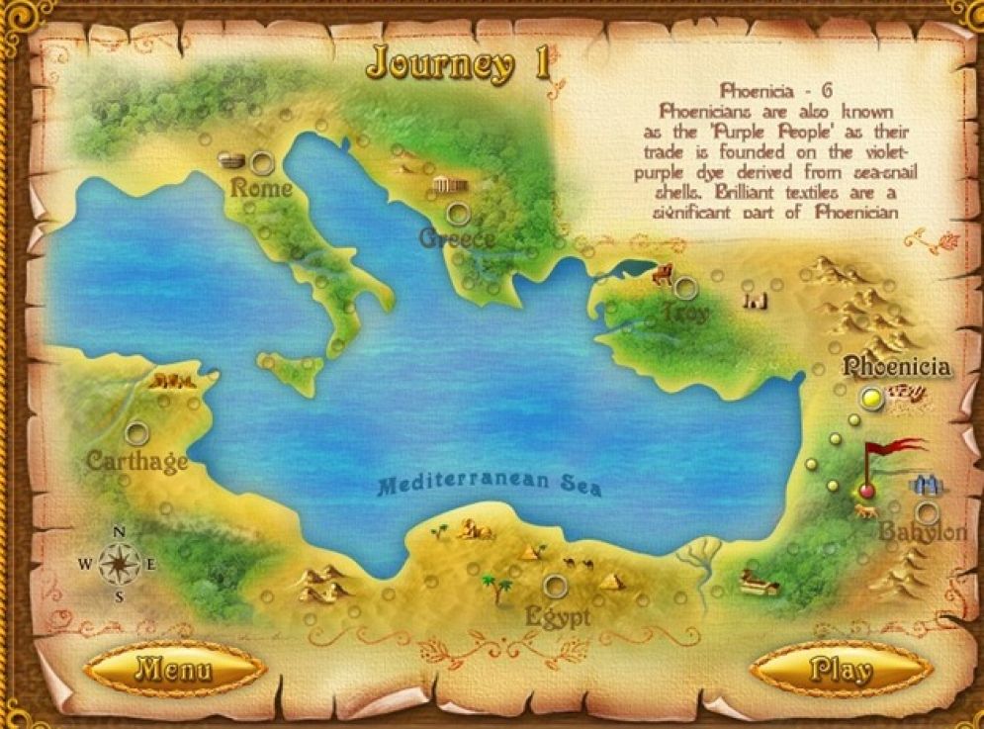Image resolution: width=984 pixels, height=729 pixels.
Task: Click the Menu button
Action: click(x=174, y=670)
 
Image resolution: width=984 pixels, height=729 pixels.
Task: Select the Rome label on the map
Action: click(x=261, y=188)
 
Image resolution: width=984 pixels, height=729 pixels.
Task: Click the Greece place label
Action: click(x=456, y=238)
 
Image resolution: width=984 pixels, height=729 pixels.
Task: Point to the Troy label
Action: click(x=686, y=315)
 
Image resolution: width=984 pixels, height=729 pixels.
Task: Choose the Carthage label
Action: click(x=136, y=460)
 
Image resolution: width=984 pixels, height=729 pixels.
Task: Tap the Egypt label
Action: click(x=558, y=616)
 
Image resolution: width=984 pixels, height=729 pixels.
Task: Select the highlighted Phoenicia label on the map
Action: click(x=896, y=367)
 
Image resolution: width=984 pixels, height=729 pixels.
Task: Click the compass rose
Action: click(x=118, y=564)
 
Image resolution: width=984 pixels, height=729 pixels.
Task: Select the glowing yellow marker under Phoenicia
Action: click(x=871, y=399)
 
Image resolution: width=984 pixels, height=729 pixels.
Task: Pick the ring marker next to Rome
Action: click(x=262, y=161)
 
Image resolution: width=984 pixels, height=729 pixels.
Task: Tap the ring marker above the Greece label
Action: click(x=457, y=212)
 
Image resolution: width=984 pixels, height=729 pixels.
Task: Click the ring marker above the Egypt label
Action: click(x=556, y=587)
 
